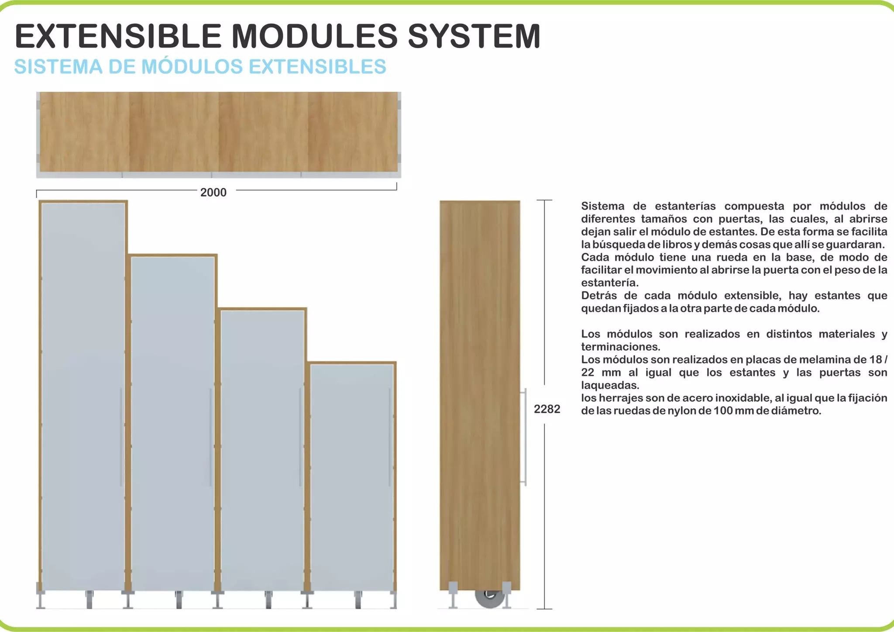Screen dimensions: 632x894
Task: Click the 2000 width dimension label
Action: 213,193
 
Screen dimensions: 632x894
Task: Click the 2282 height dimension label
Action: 547,409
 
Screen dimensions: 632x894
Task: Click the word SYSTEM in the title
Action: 474,36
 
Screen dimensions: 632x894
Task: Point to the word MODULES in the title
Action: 314,36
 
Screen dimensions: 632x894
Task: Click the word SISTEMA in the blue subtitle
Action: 58,67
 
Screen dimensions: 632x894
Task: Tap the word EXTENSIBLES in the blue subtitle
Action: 317,67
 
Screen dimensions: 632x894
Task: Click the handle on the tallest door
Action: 121,437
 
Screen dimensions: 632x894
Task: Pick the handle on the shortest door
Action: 390,437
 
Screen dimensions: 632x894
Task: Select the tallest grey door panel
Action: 83,393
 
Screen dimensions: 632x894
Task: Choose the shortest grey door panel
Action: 352,476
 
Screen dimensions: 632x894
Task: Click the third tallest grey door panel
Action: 262,450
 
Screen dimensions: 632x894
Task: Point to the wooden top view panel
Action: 218,131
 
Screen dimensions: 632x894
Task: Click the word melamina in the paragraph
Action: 821,360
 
